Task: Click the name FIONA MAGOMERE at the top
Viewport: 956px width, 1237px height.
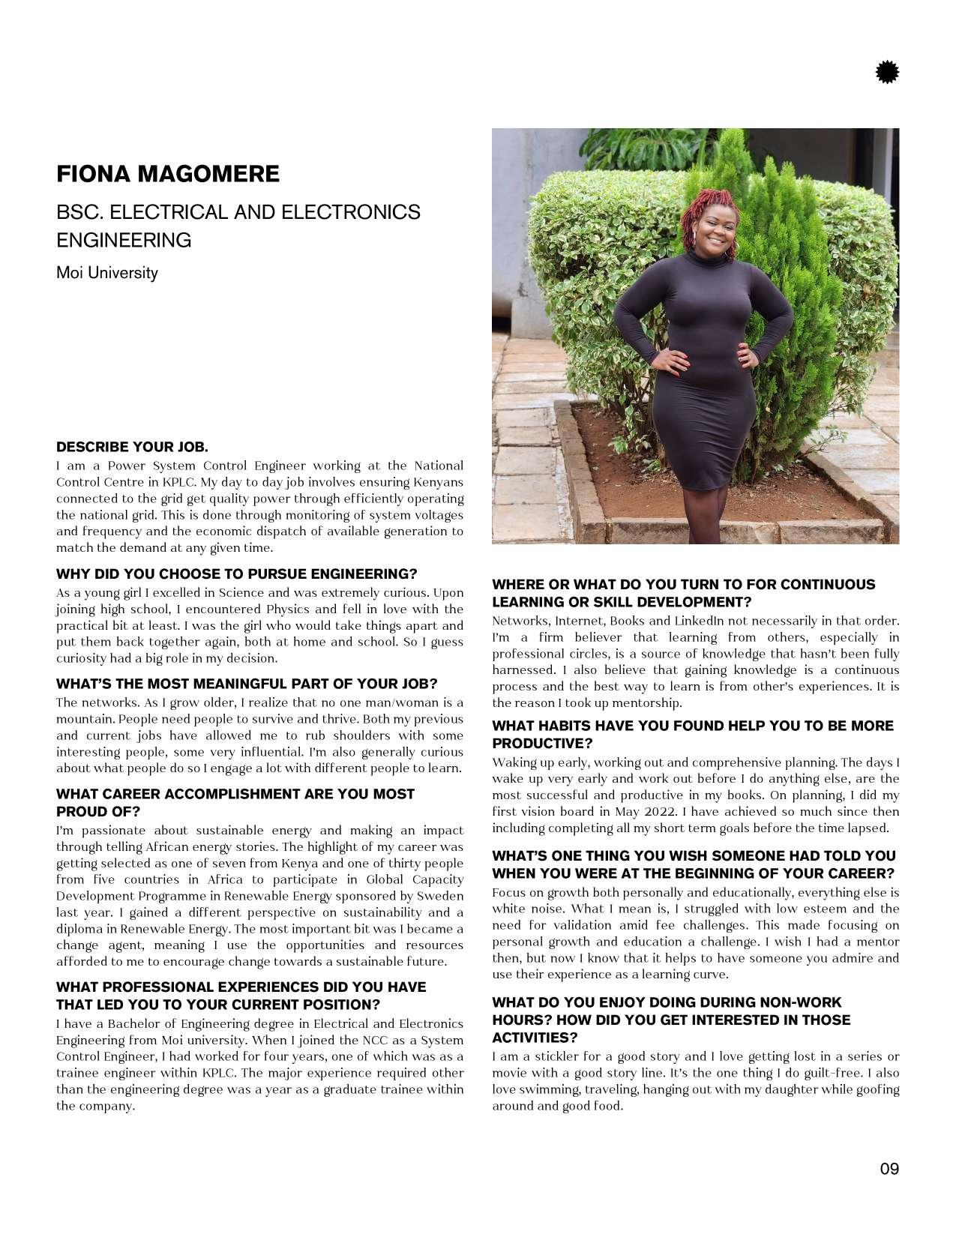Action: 168,174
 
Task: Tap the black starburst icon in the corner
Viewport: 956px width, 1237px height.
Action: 887,73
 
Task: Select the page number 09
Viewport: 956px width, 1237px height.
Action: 889,1168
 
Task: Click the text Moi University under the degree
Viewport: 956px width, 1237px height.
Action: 107,273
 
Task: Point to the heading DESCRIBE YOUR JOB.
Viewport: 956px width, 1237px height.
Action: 132,448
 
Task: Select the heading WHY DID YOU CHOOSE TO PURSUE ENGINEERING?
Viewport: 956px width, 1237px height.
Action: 236,574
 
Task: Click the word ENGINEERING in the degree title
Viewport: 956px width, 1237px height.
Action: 124,241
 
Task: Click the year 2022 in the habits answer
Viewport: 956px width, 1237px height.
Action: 661,811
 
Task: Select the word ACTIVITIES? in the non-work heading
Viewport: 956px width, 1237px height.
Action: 535,1038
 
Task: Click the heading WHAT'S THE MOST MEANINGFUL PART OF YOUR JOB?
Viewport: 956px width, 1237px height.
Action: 247,684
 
